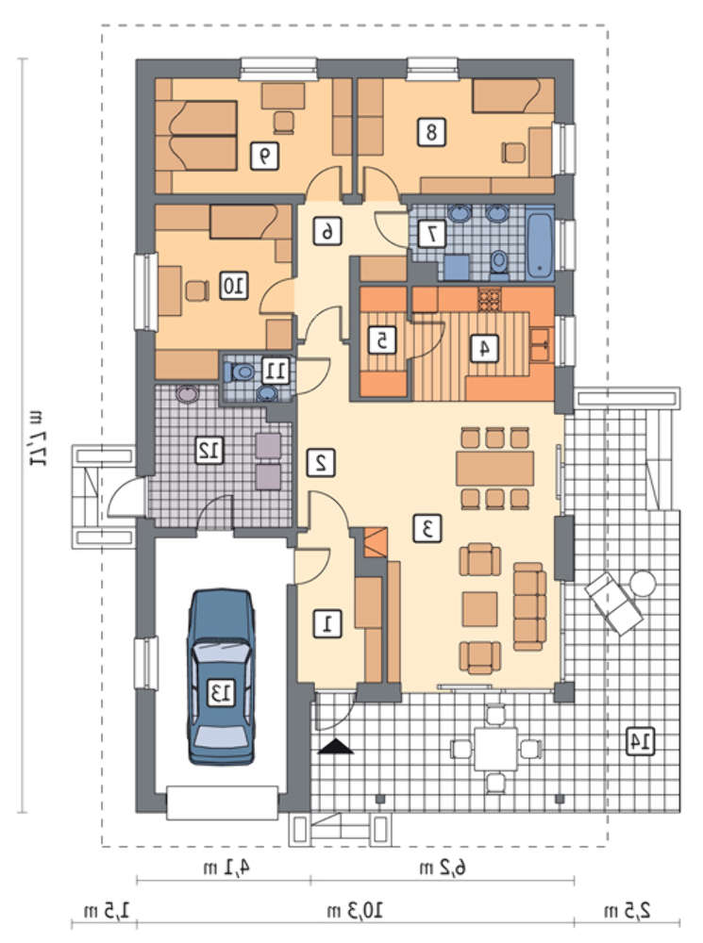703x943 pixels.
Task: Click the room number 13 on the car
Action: click(x=220, y=692)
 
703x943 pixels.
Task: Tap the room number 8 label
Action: click(x=431, y=131)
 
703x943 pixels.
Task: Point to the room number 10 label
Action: click(x=233, y=285)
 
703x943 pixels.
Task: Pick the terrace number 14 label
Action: click(x=639, y=741)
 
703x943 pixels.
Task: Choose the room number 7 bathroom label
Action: click(x=431, y=234)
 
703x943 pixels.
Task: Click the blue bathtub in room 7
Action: click(x=540, y=243)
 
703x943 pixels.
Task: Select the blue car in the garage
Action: click(x=220, y=676)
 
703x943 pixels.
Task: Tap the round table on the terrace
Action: click(x=643, y=584)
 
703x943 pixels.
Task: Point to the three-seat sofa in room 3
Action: click(x=529, y=606)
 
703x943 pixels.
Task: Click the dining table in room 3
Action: click(x=494, y=469)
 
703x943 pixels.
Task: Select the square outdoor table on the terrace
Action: click(x=495, y=749)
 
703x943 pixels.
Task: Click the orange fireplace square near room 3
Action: click(x=377, y=542)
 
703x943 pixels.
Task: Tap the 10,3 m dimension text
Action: click(x=355, y=911)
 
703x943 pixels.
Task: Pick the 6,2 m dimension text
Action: click(x=443, y=868)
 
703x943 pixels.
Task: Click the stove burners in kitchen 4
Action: click(x=490, y=300)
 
